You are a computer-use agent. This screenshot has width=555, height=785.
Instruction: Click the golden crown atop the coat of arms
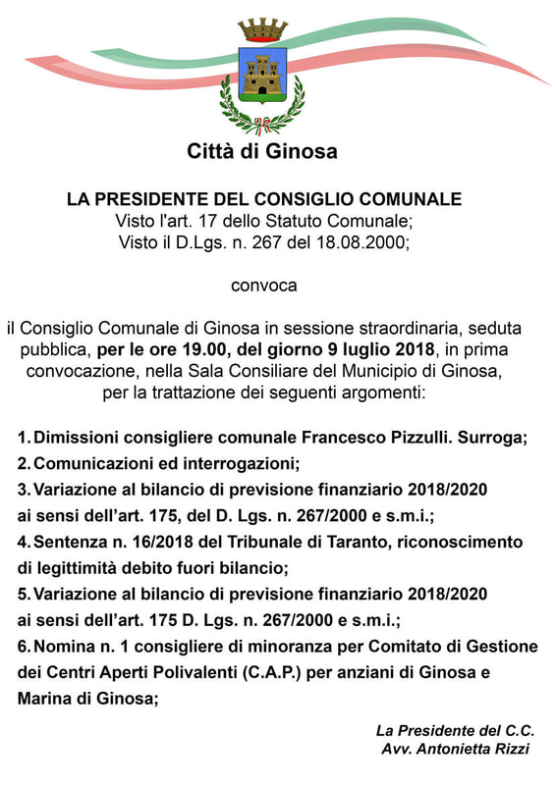[262, 28]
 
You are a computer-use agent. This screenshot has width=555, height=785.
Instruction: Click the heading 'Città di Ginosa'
[262, 151]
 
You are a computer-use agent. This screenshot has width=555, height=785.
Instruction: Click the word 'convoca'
[263, 287]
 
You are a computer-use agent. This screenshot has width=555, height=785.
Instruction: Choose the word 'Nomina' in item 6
[64, 647]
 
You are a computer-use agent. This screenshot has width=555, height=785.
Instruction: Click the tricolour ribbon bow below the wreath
[261, 126]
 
